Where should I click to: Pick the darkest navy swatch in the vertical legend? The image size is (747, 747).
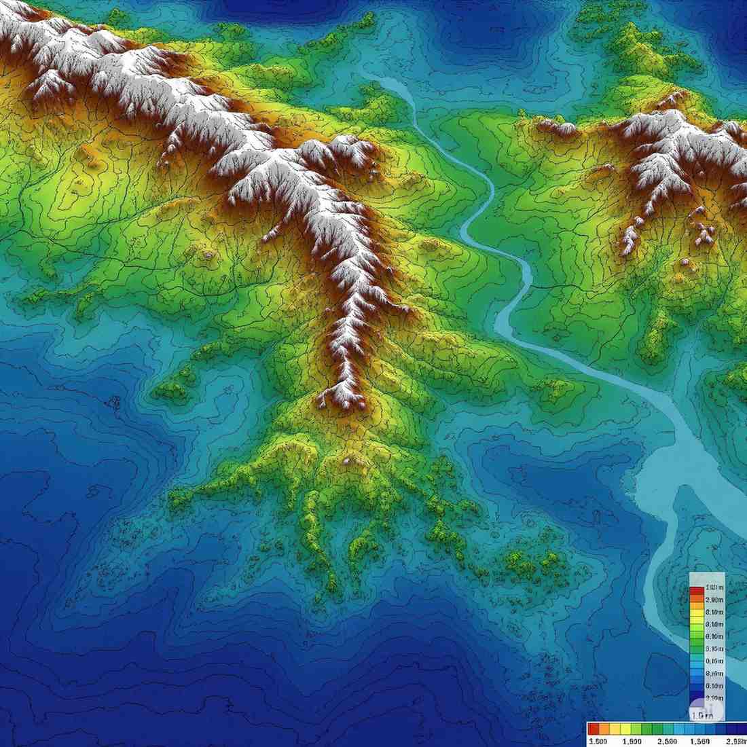696,703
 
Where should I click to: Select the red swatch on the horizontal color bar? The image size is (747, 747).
593,729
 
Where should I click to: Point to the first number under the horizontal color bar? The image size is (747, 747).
598,740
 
